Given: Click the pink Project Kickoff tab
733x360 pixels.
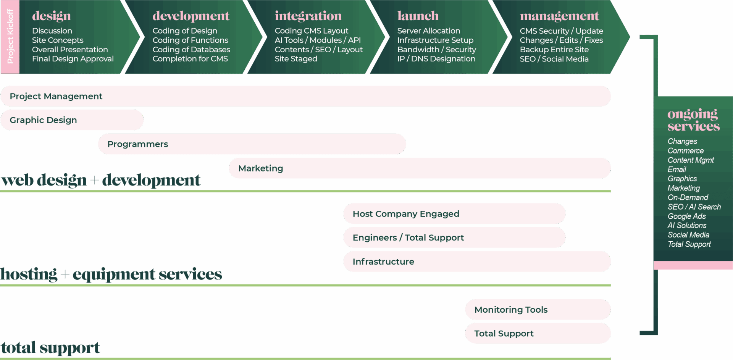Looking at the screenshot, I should pos(10,37).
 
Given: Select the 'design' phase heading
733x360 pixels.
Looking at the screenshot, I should pos(52,16).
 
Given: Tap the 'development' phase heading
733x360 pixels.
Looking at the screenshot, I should pos(191,16).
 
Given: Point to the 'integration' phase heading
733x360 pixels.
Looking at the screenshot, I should pos(308,16).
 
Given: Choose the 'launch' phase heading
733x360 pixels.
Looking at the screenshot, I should pos(418,16).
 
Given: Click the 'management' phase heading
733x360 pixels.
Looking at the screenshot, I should pos(559,16).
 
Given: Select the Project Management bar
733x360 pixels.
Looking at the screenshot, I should pos(305,96).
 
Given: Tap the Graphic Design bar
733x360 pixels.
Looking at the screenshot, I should pos(72,120).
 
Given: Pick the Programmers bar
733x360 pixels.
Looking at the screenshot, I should pos(252,144).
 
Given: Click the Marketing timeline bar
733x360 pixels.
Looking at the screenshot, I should pos(420,168).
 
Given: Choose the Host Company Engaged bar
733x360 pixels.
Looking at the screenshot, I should pos(454,214).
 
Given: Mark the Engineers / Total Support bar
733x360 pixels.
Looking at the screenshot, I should pos(454,237).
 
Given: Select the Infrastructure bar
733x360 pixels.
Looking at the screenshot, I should pos(477,262).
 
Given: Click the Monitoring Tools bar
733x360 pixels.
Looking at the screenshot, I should pos(538,310).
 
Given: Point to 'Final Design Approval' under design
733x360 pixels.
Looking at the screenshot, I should pos(73,59).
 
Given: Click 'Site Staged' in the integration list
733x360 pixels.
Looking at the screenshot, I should pos(296,59).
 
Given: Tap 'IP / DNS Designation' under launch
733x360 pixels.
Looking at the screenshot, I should pos(436,59).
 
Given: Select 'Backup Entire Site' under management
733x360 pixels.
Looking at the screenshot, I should pos(554,50).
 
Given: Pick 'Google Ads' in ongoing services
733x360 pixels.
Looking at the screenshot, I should pos(686,216).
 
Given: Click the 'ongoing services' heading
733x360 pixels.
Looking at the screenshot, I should pos(693,119).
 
